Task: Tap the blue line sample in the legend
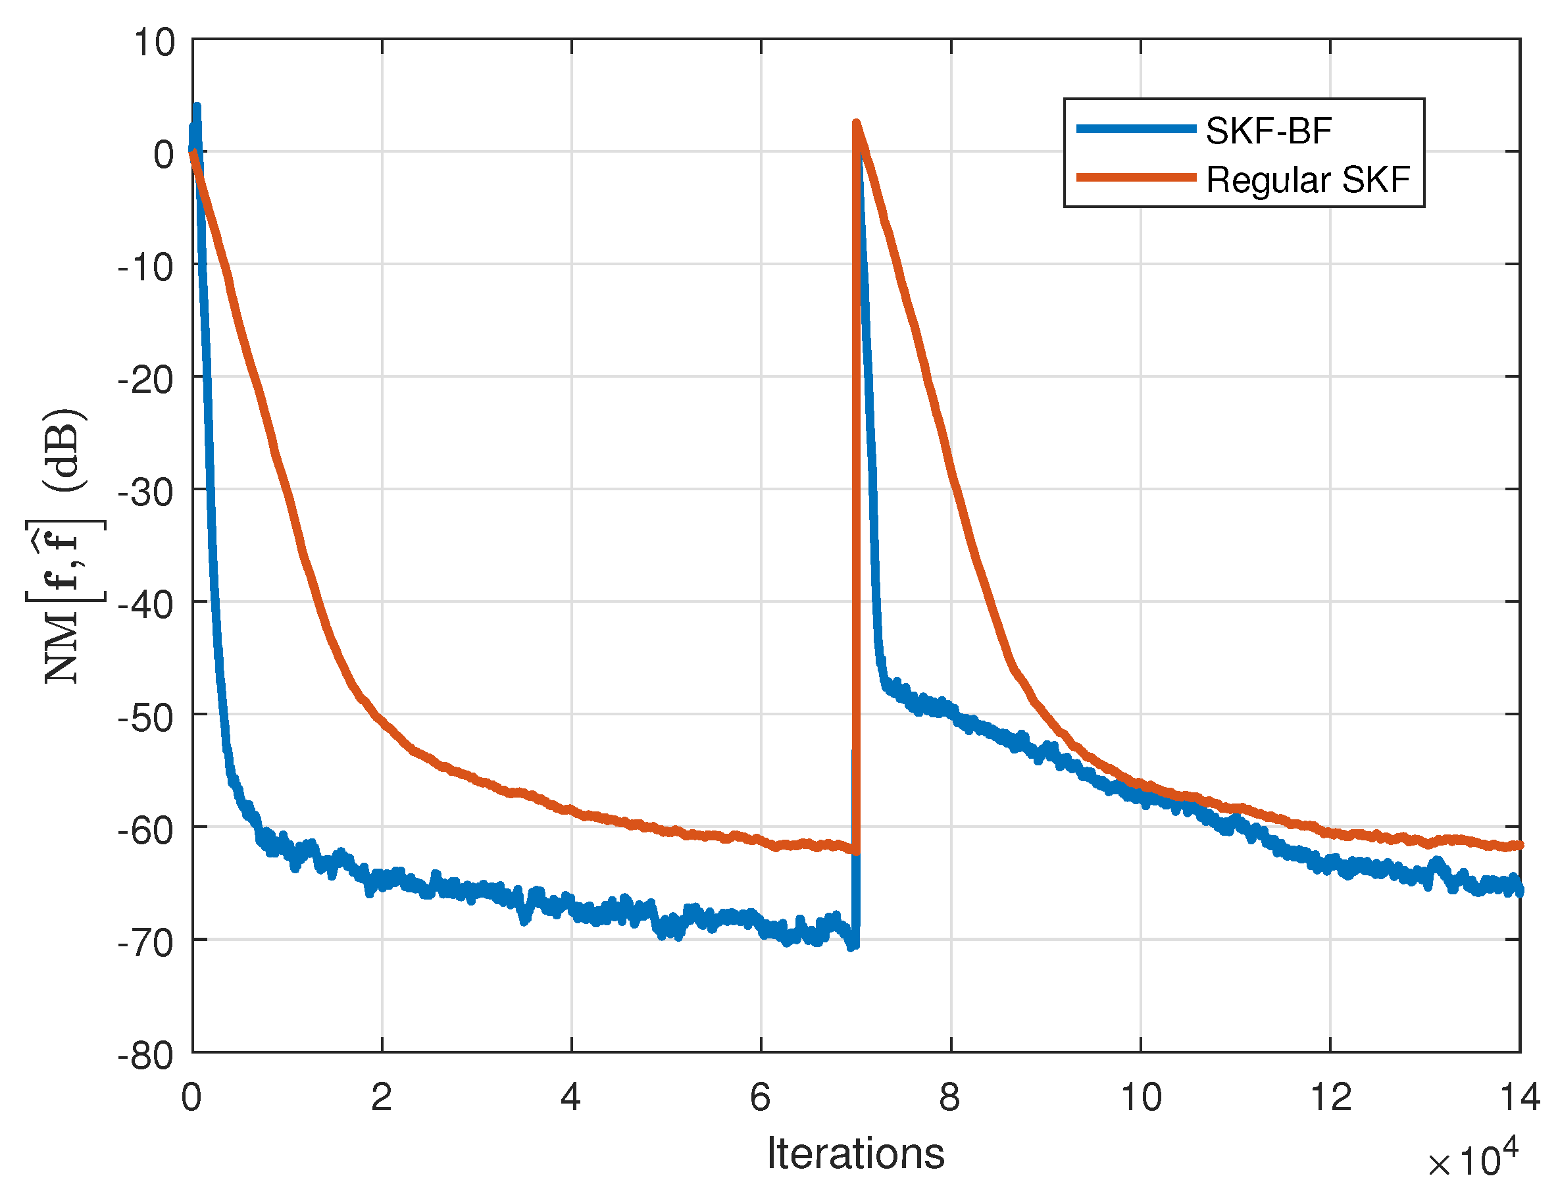tap(1136, 129)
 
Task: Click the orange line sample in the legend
tap(1136, 178)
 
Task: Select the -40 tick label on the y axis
tap(146, 606)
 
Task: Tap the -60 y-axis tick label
tap(146, 830)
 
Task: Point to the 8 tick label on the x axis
tap(949, 1098)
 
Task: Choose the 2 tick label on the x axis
tap(382, 1098)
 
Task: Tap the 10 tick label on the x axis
tap(1141, 1098)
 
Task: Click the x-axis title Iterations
tap(855, 1154)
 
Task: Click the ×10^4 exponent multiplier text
tap(1472, 1162)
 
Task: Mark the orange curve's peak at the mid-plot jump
tap(857, 123)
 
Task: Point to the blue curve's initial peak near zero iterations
tap(197, 107)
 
